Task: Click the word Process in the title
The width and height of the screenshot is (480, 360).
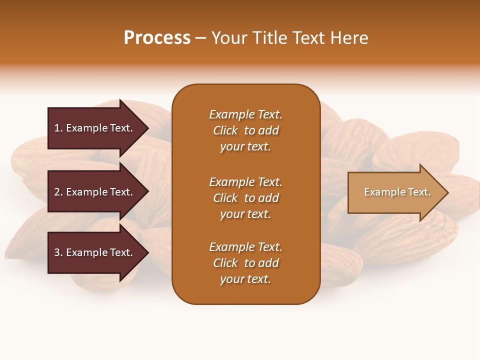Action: pyautogui.click(x=157, y=38)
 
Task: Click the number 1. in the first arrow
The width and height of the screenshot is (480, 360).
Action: pyautogui.click(x=58, y=128)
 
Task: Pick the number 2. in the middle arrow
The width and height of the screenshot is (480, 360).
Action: pyautogui.click(x=58, y=192)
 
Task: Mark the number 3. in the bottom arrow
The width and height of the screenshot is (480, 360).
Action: pyautogui.click(x=58, y=252)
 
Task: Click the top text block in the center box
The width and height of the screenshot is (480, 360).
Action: pyautogui.click(x=245, y=130)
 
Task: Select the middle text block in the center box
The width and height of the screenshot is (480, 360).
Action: pyautogui.click(x=245, y=198)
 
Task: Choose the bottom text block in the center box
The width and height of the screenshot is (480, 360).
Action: pyautogui.click(x=245, y=263)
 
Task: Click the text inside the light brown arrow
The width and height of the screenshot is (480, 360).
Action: pyautogui.click(x=397, y=192)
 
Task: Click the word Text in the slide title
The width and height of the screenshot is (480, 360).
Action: pyautogui.click(x=308, y=38)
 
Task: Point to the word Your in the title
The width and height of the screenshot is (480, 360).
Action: pyautogui.click(x=229, y=38)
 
